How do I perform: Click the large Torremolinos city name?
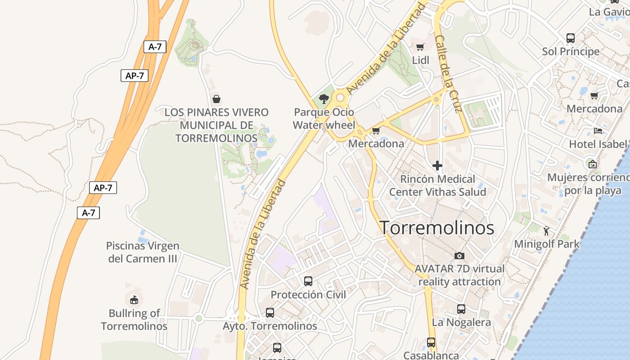[x=437, y=228]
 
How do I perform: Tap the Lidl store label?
[x=421, y=60]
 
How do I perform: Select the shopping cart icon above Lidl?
[x=420, y=47]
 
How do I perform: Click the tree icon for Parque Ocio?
[x=324, y=99]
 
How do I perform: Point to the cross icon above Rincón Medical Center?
[x=437, y=166]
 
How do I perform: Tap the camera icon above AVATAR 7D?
[x=459, y=256]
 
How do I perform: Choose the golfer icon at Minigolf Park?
[x=546, y=231]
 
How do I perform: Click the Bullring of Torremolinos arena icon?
[x=134, y=299]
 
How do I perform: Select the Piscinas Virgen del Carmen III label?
[x=143, y=252]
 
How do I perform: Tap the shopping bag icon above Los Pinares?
[x=216, y=99]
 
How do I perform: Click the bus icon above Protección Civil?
[x=308, y=281]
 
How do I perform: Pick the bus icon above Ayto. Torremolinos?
[x=270, y=312]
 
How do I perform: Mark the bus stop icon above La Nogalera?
[x=461, y=309]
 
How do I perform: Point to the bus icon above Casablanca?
[x=431, y=342]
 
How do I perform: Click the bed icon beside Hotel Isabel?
[x=598, y=131]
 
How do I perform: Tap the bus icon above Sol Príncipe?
[x=571, y=38]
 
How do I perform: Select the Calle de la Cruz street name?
[x=449, y=74]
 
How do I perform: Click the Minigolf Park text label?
[x=547, y=244]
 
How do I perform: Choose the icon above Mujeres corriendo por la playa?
[x=592, y=164]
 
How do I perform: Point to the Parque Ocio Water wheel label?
[x=324, y=119]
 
